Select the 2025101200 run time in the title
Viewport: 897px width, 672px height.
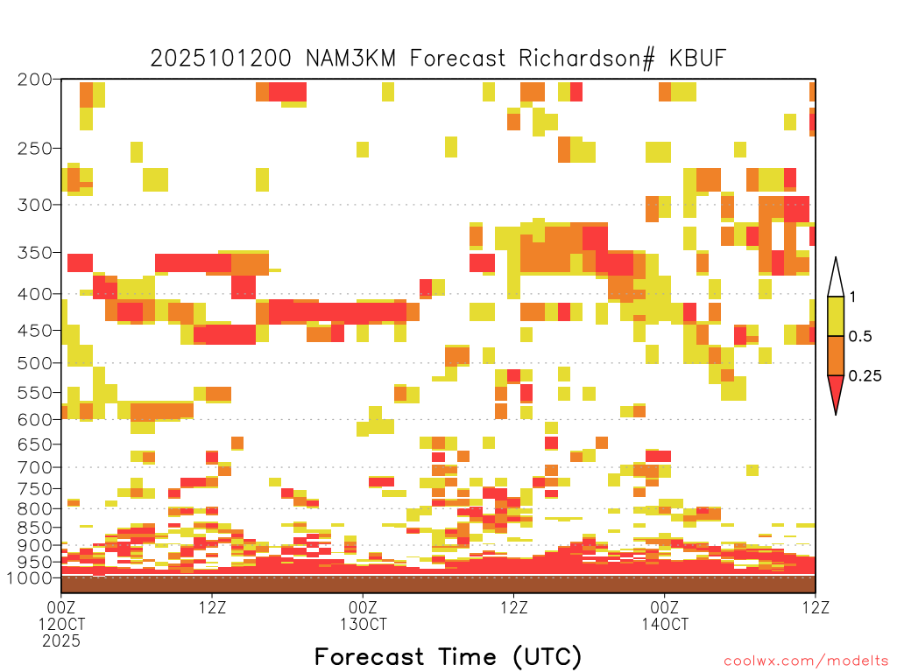220,59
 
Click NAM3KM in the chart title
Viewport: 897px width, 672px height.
350,59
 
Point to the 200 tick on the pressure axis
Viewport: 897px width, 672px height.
34,80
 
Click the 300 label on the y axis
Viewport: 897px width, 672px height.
34,205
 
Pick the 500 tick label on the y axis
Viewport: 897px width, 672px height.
34,363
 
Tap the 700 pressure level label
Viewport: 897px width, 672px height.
34,467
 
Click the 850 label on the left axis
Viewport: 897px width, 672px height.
34,528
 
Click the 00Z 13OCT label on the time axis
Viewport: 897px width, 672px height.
364,615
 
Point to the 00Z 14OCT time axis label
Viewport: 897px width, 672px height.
665,615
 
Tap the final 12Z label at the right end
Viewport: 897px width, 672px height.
816,607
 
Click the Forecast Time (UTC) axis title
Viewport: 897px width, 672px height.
448,657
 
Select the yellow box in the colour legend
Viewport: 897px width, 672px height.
836,316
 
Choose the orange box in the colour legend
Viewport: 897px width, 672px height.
836,355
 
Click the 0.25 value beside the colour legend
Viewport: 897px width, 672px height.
865,375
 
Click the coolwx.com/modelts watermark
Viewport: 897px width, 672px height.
806,661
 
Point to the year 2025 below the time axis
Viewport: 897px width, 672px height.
61,641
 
